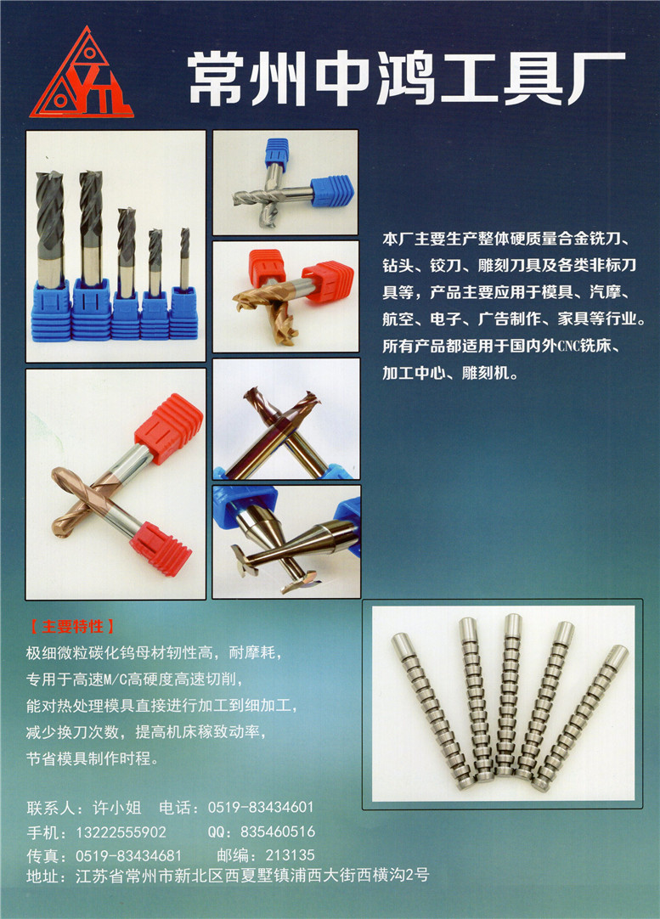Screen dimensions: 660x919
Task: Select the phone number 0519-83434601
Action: pos(261,807)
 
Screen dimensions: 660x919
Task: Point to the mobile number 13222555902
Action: pos(121,832)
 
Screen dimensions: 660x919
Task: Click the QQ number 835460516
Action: pos(278,831)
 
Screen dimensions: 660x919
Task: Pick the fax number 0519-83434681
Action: pos(128,855)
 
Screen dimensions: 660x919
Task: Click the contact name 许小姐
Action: pos(116,808)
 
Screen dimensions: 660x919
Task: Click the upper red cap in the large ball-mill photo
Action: pos(169,428)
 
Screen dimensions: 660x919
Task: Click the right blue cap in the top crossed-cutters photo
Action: pos(332,190)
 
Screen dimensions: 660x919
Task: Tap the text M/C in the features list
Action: pos(116,679)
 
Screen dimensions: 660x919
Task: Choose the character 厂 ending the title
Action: pos(596,78)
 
